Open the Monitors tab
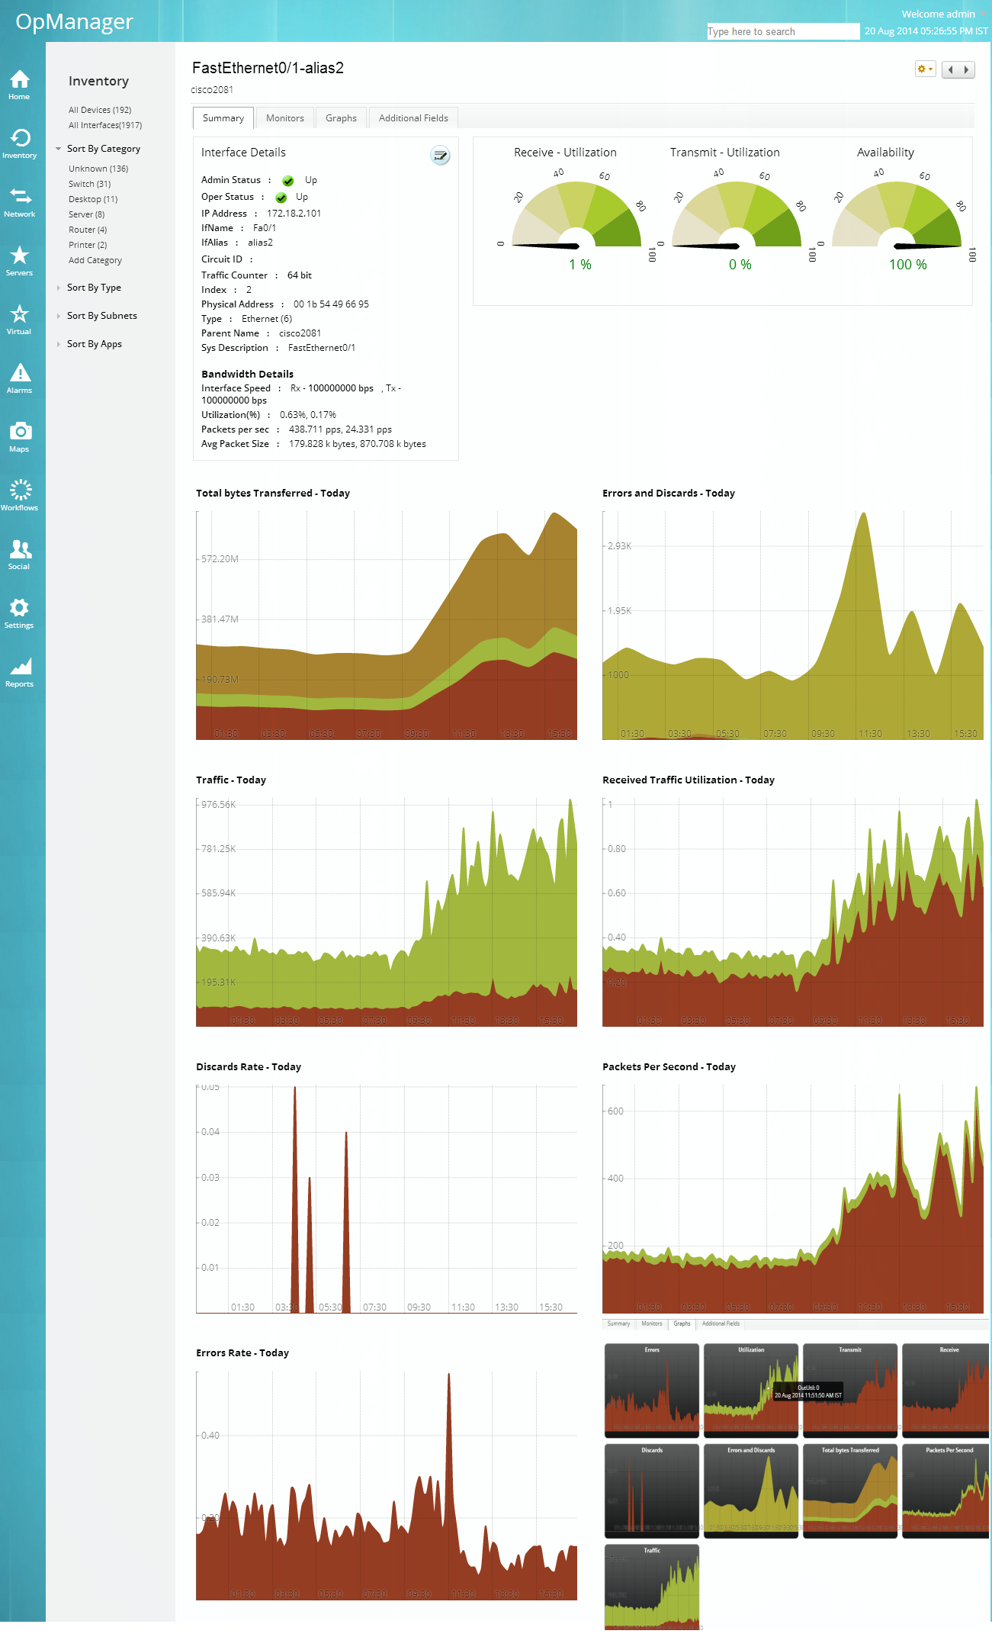tap(284, 118)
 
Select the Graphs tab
tap(341, 118)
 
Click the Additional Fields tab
tap(413, 118)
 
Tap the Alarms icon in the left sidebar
tap(20, 378)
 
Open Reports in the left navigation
tap(20, 671)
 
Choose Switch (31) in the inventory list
tap(89, 184)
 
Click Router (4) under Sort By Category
tap(88, 230)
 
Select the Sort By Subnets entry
tap(102, 316)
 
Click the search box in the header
tap(782, 31)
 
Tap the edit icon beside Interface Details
tap(440, 156)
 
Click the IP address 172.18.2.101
tap(294, 214)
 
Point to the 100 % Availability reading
tap(907, 265)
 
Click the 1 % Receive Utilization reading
tap(580, 265)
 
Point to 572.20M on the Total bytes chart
tap(220, 559)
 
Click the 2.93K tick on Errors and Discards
tap(619, 546)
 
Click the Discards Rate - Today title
tap(249, 1066)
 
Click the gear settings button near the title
tap(924, 69)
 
